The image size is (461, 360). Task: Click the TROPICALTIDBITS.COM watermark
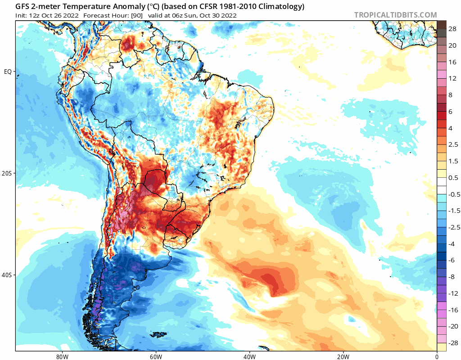click(395, 15)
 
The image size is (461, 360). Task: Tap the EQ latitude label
click(8, 72)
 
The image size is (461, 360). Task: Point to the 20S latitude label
click(8, 173)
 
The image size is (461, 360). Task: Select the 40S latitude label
click(8, 275)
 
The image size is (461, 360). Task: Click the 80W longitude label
click(62, 355)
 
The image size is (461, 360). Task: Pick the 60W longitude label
click(156, 355)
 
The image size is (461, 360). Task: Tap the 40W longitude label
click(249, 355)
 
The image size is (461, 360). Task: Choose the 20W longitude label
click(343, 355)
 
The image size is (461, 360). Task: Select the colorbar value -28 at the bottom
click(452, 343)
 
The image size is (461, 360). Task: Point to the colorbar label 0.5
click(452, 178)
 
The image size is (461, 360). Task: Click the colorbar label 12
click(452, 78)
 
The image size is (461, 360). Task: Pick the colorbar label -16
click(452, 310)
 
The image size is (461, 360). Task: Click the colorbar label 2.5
click(452, 144)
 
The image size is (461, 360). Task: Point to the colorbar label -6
click(452, 261)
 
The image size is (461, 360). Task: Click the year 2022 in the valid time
click(228, 15)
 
